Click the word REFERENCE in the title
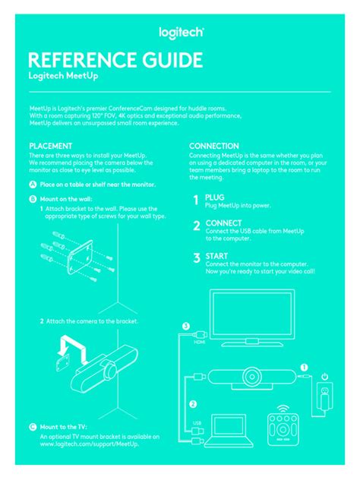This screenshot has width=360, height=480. (x=81, y=61)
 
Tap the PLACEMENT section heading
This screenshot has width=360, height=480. (x=51, y=146)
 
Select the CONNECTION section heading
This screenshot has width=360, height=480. (x=214, y=146)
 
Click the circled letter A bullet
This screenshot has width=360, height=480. (x=33, y=185)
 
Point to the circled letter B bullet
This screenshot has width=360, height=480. (x=33, y=199)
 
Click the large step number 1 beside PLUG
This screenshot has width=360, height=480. (x=196, y=201)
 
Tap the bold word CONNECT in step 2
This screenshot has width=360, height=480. (x=223, y=224)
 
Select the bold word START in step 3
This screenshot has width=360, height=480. (x=216, y=257)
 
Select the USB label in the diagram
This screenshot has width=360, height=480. (x=196, y=423)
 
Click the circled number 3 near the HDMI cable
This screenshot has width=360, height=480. (x=185, y=326)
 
